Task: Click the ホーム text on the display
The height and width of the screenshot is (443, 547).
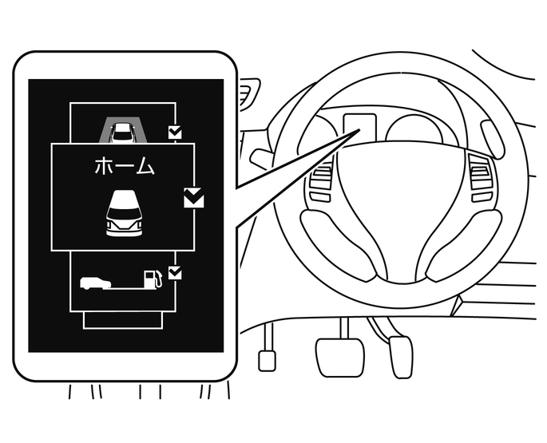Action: point(125,165)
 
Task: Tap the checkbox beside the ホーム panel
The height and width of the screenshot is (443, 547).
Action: point(193,198)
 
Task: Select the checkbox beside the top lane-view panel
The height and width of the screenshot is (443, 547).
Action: point(175,133)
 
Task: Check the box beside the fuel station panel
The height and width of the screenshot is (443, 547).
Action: point(175,273)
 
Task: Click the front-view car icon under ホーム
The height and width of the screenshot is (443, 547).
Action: point(125,213)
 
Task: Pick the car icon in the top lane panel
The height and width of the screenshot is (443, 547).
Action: point(121,133)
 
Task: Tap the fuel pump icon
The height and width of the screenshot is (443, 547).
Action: point(153,279)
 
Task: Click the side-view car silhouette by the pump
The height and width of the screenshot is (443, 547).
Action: point(95,283)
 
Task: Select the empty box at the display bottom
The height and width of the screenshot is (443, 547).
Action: point(123,320)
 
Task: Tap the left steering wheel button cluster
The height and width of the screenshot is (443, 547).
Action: point(320,184)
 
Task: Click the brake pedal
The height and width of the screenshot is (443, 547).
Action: point(339,357)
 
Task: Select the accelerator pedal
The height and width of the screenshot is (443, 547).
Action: point(401,357)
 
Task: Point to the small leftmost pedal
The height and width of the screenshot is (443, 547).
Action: point(267,361)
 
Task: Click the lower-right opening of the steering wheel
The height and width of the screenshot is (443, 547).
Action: point(464,244)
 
